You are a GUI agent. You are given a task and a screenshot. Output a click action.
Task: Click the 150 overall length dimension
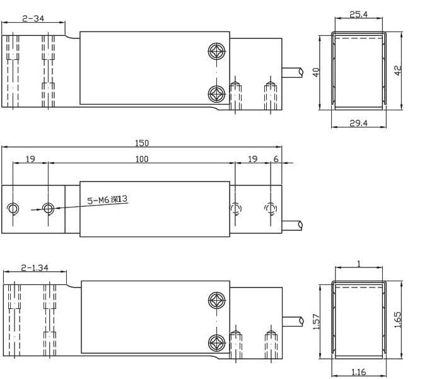pyautogui.click(x=142, y=143)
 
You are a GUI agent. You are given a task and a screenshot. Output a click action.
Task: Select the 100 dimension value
pyautogui.click(x=142, y=159)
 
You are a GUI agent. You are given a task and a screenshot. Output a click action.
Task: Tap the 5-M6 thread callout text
pyautogui.click(x=107, y=199)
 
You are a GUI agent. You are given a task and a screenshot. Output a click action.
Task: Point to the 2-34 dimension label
pyautogui.click(x=33, y=18)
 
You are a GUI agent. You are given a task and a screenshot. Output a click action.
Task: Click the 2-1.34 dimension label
pyautogui.click(x=35, y=268)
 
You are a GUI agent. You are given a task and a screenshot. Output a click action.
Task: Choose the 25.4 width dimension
pyautogui.click(x=358, y=15)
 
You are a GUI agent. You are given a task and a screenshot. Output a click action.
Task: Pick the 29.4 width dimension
pyautogui.click(x=358, y=123)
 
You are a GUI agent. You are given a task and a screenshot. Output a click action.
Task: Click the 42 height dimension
pyautogui.click(x=398, y=71)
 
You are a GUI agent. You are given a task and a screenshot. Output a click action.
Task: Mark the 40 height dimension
pyautogui.click(x=316, y=72)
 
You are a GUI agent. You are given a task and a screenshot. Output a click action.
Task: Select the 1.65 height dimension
pyautogui.click(x=397, y=320)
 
